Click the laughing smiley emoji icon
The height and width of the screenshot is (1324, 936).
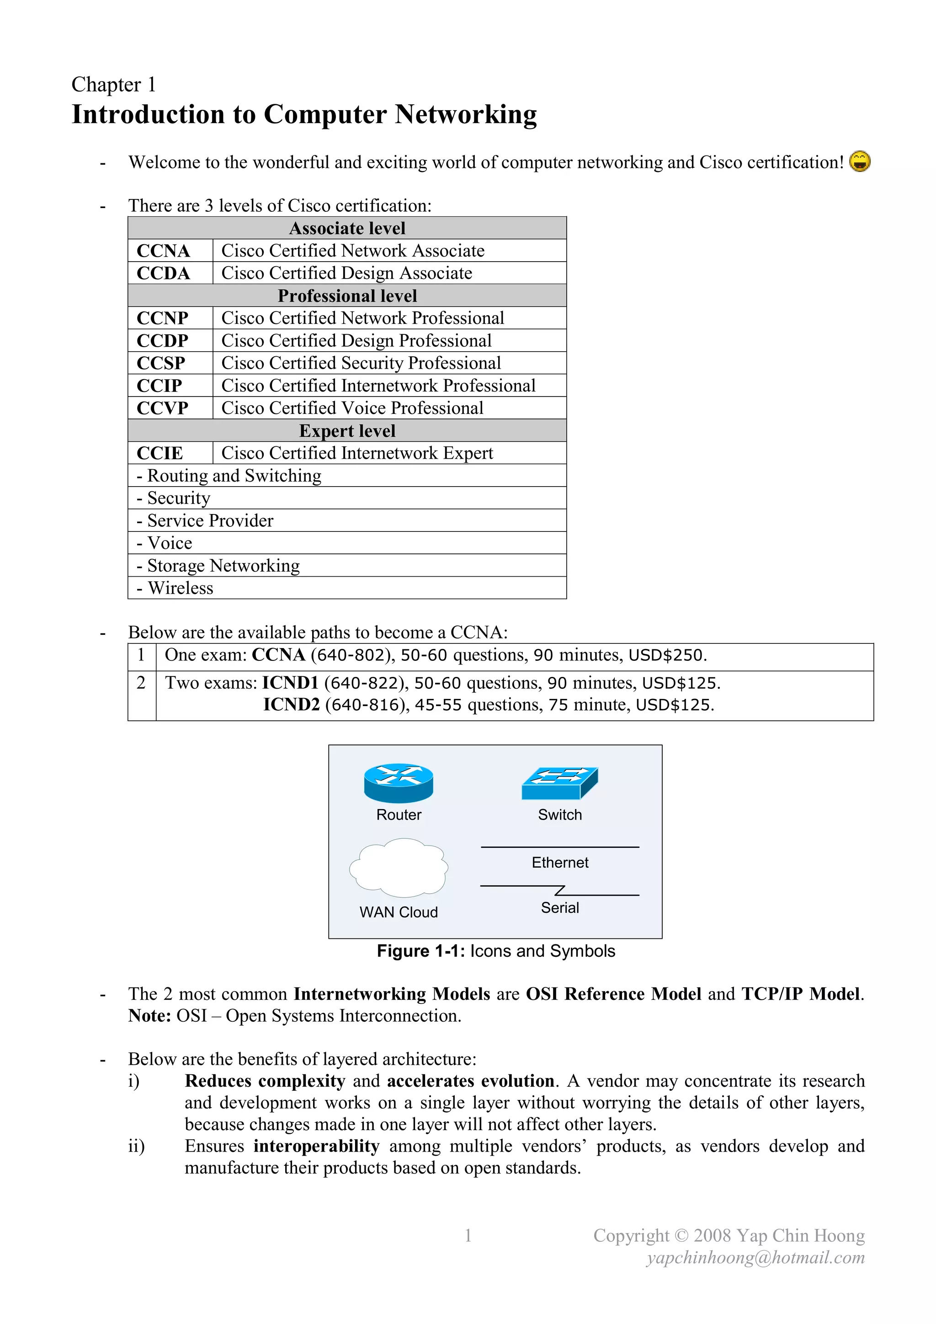(x=859, y=161)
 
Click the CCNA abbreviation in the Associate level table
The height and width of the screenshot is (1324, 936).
(x=163, y=251)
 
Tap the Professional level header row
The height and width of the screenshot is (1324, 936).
(x=347, y=296)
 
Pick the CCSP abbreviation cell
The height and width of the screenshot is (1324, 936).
(x=161, y=363)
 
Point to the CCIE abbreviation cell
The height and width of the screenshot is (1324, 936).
(x=160, y=453)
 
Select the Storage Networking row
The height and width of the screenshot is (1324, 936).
(x=223, y=566)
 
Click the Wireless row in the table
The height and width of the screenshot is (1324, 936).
(x=181, y=588)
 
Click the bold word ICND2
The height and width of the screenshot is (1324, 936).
(x=291, y=705)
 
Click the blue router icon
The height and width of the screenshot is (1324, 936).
(x=398, y=783)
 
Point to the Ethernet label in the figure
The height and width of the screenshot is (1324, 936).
(x=560, y=863)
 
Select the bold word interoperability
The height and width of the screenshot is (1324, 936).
(x=316, y=1146)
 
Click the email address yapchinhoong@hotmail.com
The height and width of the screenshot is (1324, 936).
(x=755, y=1258)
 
